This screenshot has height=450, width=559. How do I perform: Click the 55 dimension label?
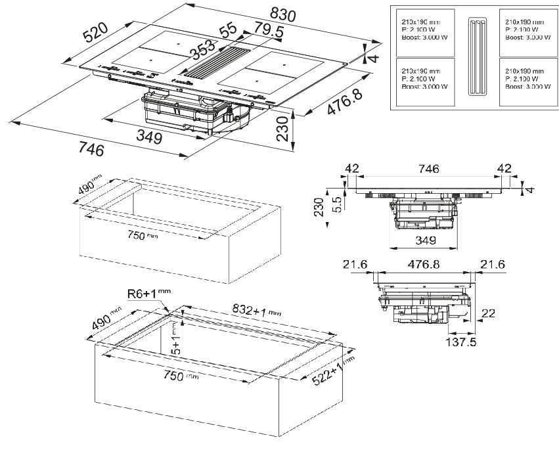[227, 30]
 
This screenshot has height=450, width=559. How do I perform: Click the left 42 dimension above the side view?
[351, 169]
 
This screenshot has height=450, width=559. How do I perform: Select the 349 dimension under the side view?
[426, 241]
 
